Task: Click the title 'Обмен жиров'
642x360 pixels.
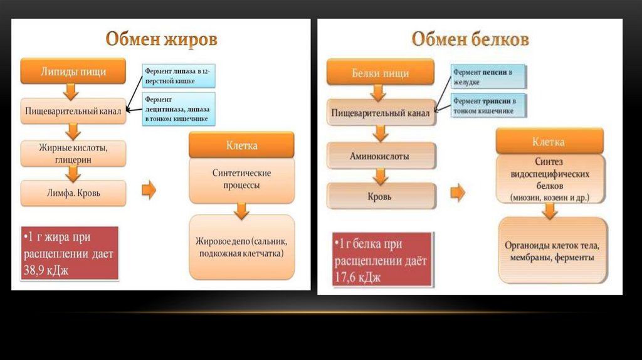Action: click(x=161, y=40)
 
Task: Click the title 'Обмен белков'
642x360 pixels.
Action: click(x=470, y=40)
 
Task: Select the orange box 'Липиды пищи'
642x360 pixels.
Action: click(x=72, y=71)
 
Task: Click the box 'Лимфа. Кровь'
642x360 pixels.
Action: click(x=73, y=193)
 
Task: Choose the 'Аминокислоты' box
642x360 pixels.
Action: click(x=379, y=156)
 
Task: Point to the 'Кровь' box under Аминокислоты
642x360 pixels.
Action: click(x=379, y=196)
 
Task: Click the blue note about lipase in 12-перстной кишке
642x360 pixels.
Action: click(x=178, y=77)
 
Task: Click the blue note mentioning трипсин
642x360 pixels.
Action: click(x=488, y=105)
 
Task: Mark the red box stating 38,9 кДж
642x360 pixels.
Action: click(x=69, y=253)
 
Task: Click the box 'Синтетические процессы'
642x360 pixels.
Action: click(x=241, y=179)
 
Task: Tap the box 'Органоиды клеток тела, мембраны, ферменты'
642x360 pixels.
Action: click(x=552, y=251)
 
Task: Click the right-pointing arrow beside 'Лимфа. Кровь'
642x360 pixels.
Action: click(x=149, y=190)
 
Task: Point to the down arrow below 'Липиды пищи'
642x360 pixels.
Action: click(x=72, y=91)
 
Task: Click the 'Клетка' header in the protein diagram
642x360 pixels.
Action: click(x=549, y=142)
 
